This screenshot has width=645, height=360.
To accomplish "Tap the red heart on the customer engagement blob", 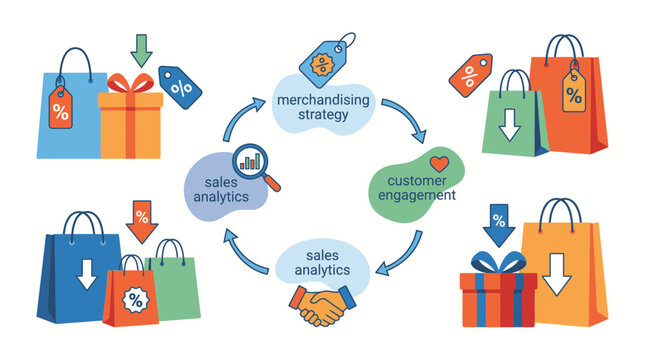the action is click(x=439, y=164).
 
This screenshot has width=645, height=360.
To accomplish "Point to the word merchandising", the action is click(x=323, y=100).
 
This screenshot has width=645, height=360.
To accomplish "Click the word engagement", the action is click(x=417, y=195).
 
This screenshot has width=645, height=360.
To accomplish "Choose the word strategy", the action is click(x=323, y=115).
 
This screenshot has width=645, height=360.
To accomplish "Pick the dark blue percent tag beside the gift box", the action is click(x=180, y=87).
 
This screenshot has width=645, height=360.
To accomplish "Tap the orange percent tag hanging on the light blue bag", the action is click(x=60, y=108).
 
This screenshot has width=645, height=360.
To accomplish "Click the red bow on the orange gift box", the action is click(x=130, y=84).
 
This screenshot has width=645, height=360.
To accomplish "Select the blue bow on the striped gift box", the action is click(x=499, y=262).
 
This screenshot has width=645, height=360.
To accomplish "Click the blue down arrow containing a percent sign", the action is click(x=499, y=225).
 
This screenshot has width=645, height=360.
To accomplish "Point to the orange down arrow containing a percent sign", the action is click(x=142, y=222).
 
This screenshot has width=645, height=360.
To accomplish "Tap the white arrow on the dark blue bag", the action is click(x=87, y=274).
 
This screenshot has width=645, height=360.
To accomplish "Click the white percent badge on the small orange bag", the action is click(x=136, y=300).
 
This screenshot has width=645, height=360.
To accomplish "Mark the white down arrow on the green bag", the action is click(x=510, y=125).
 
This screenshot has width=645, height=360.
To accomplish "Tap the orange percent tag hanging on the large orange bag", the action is click(x=574, y=91).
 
